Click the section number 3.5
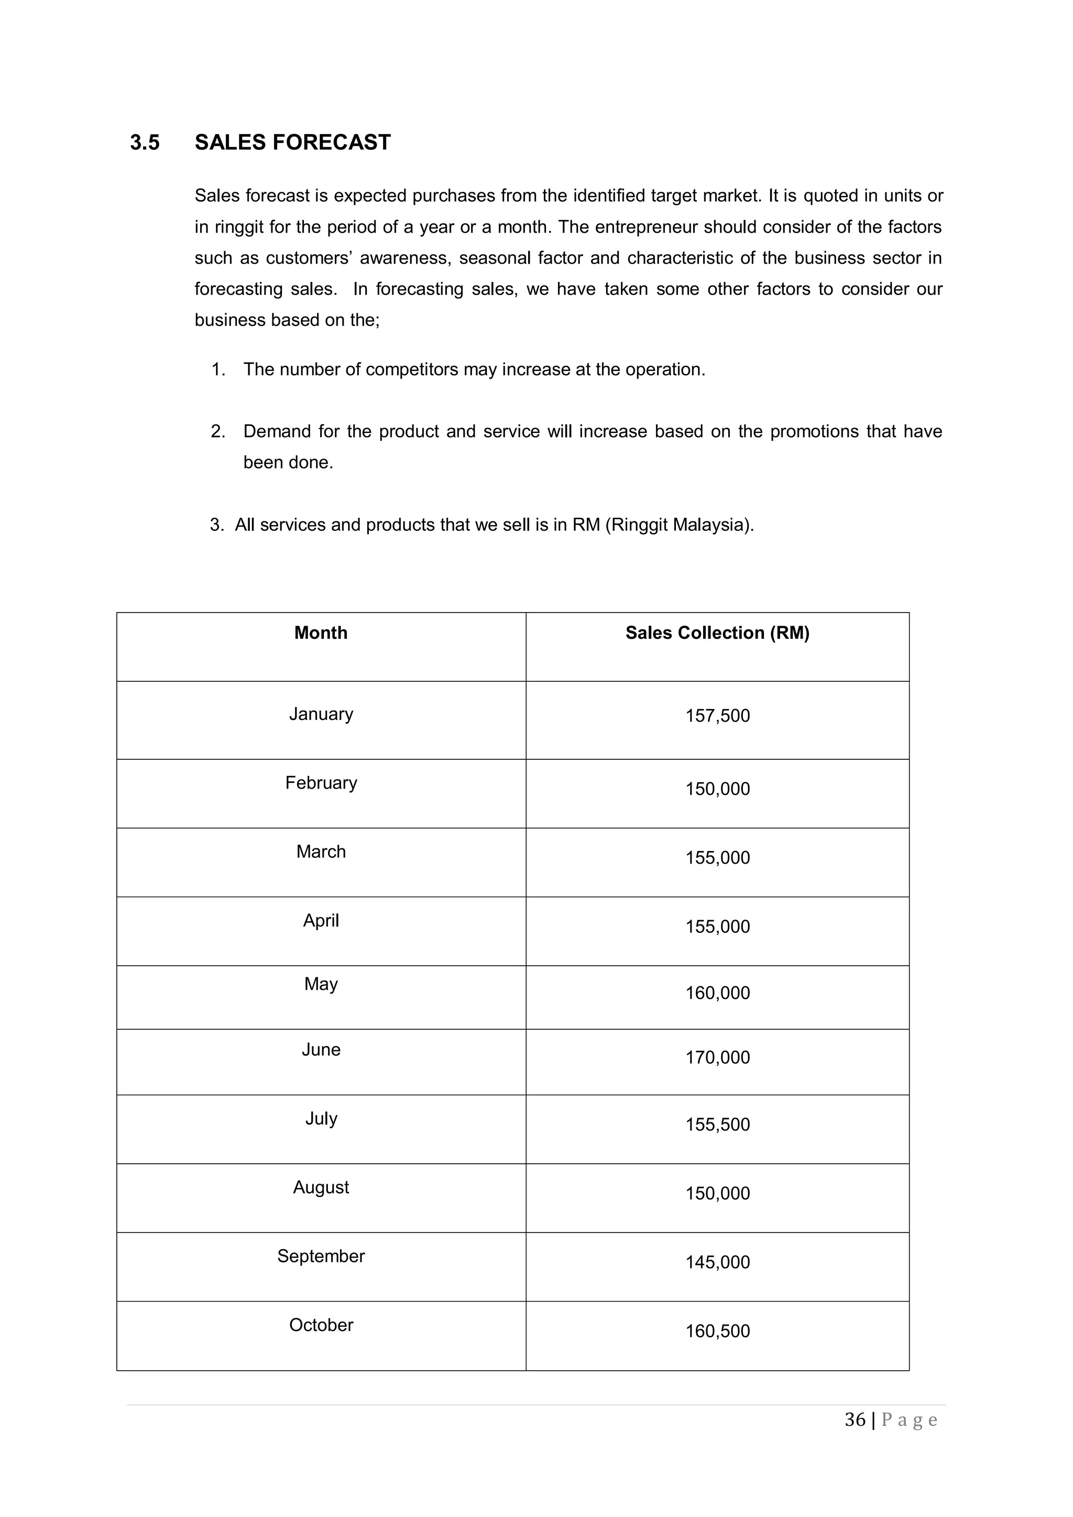145,143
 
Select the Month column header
321,633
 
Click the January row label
321,714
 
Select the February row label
321,783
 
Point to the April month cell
321,920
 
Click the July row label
321,1119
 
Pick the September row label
321,1256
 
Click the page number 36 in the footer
855,1420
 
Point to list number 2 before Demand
217,431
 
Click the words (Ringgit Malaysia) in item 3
678,525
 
